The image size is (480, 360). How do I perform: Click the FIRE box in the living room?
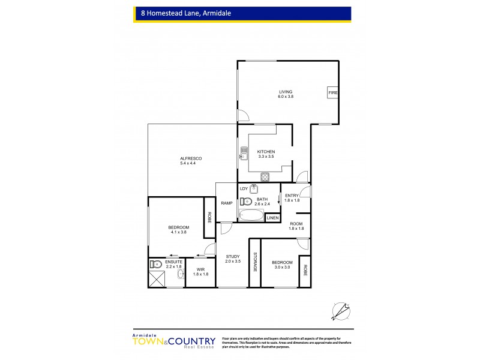tap(332, 93)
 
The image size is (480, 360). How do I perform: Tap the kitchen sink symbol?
tap(244, 153)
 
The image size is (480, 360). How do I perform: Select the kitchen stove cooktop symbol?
tap(264, 176)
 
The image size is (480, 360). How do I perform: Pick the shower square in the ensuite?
tap(157, 278)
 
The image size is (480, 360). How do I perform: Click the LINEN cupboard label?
tap(272, 217)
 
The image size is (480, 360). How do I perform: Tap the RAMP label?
tap(226, 203)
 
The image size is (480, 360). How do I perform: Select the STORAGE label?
tap(254, 262)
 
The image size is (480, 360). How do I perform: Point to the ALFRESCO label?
tap(191, 158)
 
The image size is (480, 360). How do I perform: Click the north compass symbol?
tap(340, 309)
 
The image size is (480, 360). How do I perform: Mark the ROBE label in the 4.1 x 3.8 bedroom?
tap(209, 218)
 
